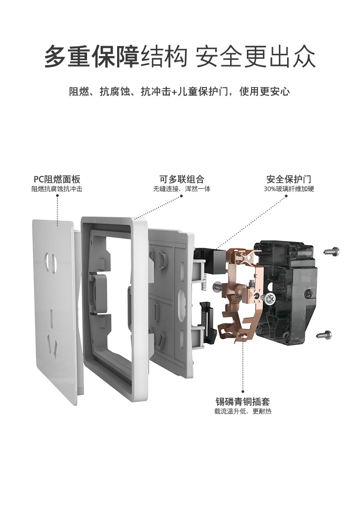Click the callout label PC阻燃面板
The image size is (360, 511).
(57, 179)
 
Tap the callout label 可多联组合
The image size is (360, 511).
(182, 179)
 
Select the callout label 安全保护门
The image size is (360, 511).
(288, 179)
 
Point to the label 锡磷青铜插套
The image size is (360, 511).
(243, 401)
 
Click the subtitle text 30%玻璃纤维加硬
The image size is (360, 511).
(288, 189)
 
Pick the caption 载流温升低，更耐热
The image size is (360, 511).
(243, 411)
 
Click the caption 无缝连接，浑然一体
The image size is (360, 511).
(182, 189)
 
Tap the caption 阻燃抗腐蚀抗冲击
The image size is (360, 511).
(57, 189)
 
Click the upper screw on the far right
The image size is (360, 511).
(332, 251)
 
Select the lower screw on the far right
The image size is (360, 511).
(324, 335)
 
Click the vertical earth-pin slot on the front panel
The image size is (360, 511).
(51, 316)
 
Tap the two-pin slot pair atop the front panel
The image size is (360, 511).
(51, 262)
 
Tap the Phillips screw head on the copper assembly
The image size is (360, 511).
(270, 298)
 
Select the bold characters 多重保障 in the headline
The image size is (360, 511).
(92, 57)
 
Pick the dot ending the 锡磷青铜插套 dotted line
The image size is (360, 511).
(243, 392)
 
